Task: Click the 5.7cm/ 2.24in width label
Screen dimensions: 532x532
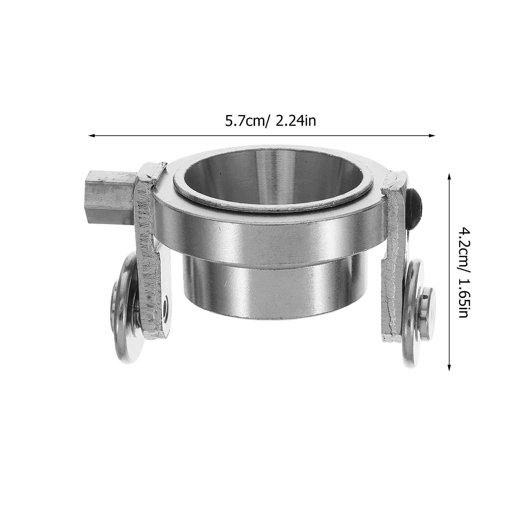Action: tap(271, 121)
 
